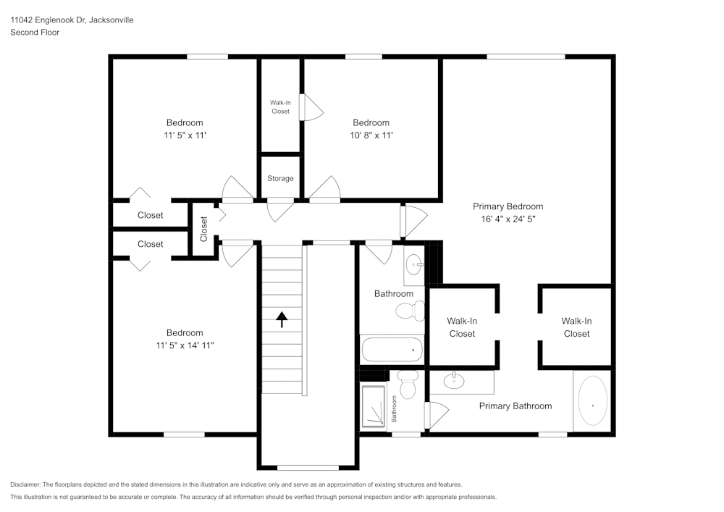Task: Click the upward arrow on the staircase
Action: pos(281,319)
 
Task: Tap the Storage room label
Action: pos(280,178)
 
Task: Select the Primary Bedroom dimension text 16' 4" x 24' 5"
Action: pos(508,218)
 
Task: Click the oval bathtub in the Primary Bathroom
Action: pos(592,403)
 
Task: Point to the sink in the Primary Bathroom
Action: pos(454,380)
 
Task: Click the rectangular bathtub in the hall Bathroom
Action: pos(392,349)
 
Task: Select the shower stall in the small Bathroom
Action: pos(374,406)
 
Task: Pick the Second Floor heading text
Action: pos(35,33)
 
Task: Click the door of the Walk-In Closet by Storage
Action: pos(311,109)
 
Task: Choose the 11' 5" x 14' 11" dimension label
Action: pos(185,345)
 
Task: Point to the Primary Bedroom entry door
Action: pos(413,220)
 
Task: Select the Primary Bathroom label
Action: pos(515,406)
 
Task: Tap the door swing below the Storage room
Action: pos(279,210)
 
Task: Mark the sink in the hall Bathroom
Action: pos(415,264)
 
